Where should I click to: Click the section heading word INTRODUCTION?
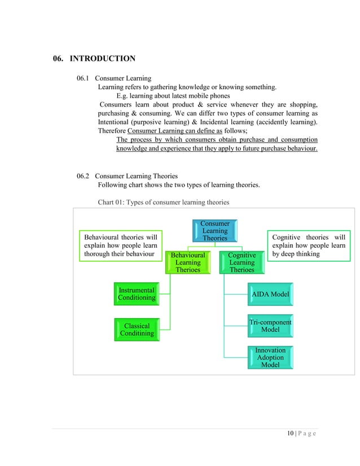coord(102,58)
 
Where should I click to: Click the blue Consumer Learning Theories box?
coord(214,231)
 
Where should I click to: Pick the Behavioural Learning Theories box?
coord(187,262)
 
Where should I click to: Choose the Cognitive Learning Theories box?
coord(242,262)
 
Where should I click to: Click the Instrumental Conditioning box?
coord(136,294)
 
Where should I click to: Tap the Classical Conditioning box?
coord(137,329)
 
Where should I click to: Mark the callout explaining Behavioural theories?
coord(120,246)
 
